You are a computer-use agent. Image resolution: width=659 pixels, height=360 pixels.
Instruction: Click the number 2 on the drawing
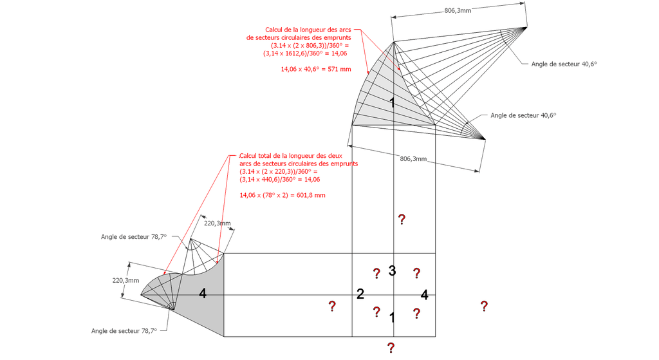[x=360, y=294]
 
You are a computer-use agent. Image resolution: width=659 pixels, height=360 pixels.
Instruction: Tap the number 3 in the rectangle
[x=392, y=270]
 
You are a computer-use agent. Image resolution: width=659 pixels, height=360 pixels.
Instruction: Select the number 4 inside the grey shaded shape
[x=203, y=293]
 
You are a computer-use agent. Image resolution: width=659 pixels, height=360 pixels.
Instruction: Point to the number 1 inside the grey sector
[x=392, y=102]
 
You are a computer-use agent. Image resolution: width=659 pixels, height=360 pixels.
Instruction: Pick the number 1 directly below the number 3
[x=392, y=317]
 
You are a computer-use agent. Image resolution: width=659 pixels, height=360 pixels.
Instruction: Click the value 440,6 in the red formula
[x=266, y=180]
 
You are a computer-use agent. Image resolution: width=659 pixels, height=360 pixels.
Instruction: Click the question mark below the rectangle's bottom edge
[x=391, y=347]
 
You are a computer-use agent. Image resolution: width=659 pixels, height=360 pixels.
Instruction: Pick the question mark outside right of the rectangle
[x=484, y=306]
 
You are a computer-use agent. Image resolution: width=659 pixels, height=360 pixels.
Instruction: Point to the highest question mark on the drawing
[x=402, y=219]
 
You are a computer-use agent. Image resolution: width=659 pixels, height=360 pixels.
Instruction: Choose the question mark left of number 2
[x=332, y=306]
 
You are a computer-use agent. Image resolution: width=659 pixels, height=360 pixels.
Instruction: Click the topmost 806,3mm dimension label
[x=458, y=10]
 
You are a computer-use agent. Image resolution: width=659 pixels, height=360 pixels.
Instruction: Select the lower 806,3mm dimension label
[x=414, y=158]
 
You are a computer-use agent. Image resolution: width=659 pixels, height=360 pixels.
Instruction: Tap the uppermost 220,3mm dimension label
[x=218, y=223]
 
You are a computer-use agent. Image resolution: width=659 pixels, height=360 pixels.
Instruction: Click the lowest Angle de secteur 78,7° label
[x=124, y=331]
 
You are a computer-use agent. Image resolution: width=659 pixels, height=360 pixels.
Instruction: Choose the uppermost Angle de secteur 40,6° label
[x=564, y=64]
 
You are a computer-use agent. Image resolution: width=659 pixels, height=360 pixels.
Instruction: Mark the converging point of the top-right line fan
[x=526, y=27]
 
